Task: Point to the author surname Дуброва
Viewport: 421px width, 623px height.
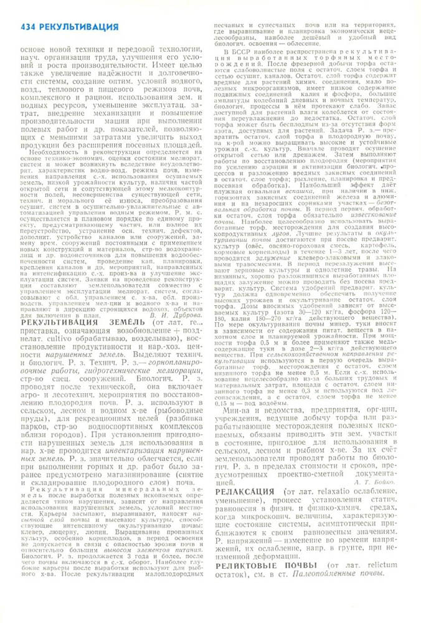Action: (x=187, y=298)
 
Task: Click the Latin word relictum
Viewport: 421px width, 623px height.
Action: (x=379, y=569)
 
